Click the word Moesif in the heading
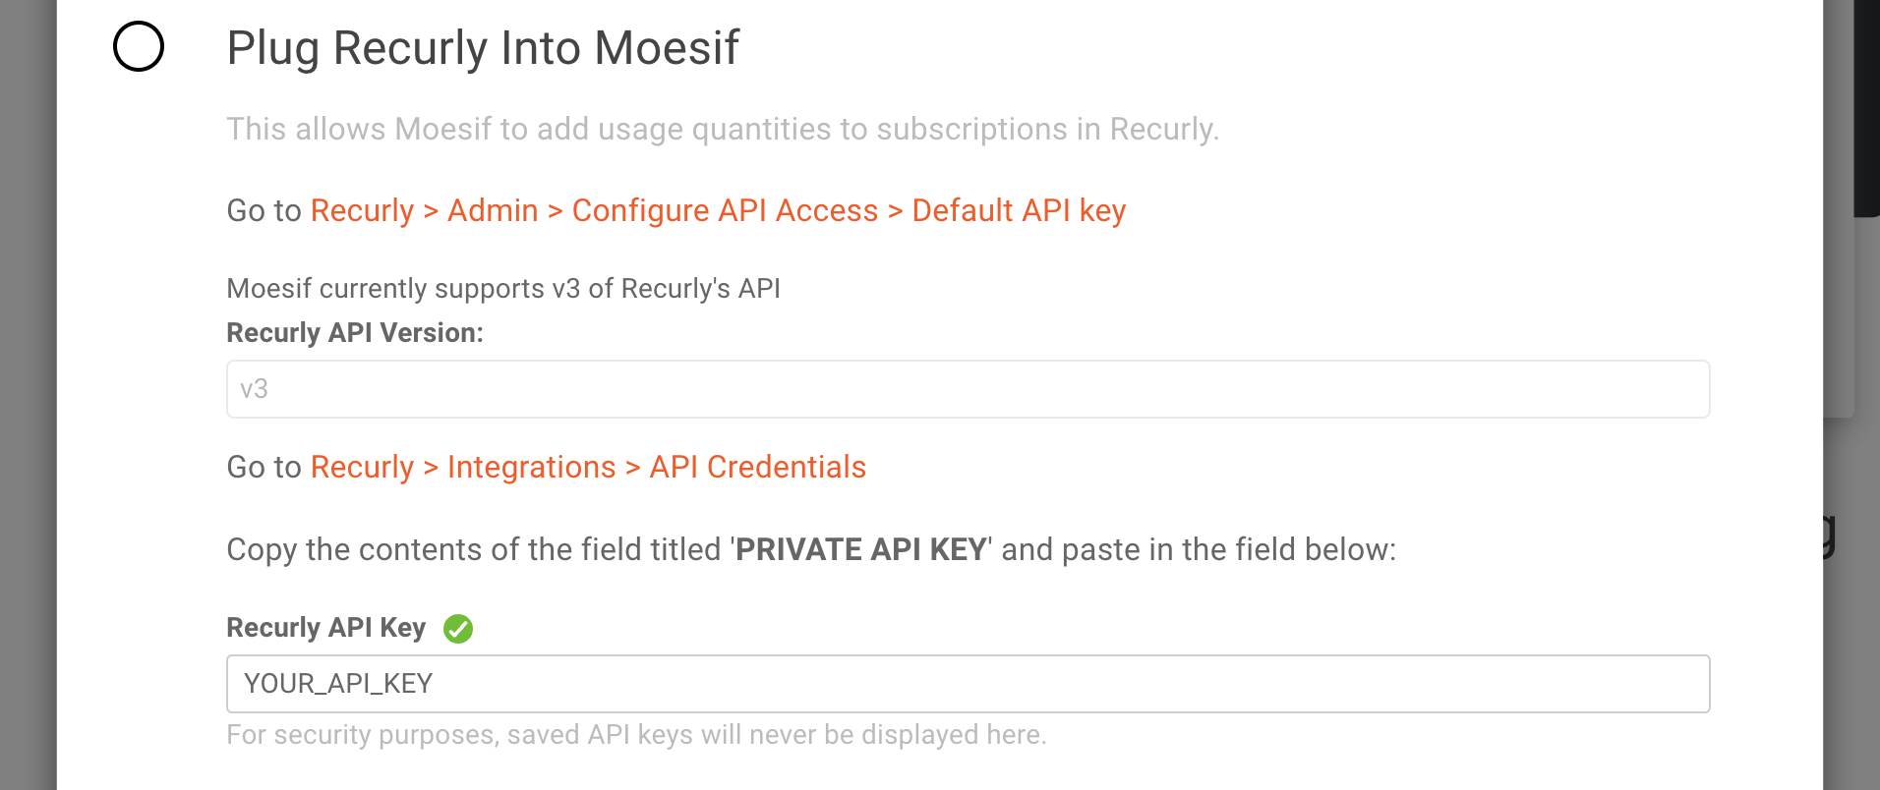tap(667, 48)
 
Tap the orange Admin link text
tap(493, 210)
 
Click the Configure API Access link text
tap(725, 211)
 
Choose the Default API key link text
tap(1019, 211)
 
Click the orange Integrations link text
tap(531, 468)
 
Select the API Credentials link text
tap(757, 467)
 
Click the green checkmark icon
tap(458, 628)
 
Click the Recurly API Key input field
tap(968, 684)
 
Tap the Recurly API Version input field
tap(968, 389)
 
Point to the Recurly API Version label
tap(355, 333)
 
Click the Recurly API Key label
tap(325, 628)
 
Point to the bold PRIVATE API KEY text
tap(861, 549)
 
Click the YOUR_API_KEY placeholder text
tap(338, 684)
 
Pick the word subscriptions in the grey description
tap(971, 130)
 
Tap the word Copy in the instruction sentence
tap(262, 550)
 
